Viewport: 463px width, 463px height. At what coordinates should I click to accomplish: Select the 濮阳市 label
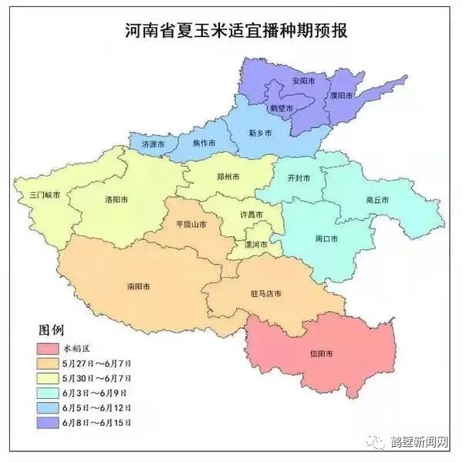[x=340, y=96]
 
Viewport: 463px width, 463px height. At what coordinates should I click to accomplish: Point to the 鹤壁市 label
[x=280, y=110]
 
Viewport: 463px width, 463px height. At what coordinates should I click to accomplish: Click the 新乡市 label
[x=260, y=133]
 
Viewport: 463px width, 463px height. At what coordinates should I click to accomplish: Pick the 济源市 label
[x=154, y=144]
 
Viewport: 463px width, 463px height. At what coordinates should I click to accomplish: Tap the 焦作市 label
[x=204, y=143]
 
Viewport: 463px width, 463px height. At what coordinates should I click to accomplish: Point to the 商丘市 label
[x=377, y=200]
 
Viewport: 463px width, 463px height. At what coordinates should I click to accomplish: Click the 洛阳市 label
[x=117, y=199]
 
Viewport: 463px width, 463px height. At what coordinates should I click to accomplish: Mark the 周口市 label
[x=327, y=238]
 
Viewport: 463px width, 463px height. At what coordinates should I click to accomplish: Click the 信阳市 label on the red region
[x=322, y=354]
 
